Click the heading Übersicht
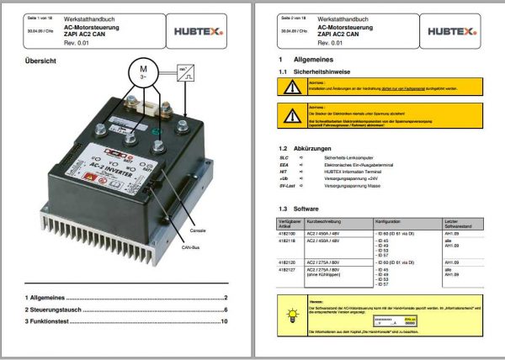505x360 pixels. (x=41, y=61)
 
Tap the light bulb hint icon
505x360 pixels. (x=292, y=315)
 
